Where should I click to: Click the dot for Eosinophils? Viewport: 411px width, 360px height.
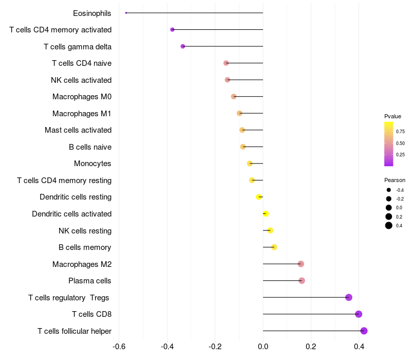pyautogui.click(x=126, y=13)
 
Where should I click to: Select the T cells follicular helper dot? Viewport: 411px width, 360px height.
pyautogui.click(x=364, y=331)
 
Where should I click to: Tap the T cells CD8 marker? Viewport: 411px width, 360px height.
pyautogui.click(x=359, y=314)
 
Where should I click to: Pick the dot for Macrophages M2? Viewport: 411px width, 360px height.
pyautogui.click(x=301, y=264)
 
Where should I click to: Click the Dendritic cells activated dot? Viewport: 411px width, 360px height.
pyautogui.click(x=266, y=213)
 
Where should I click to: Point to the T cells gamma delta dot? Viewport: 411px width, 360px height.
pyautogui.click(x=183, y=46)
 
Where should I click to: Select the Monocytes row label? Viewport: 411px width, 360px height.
pyautogui.click(x=92, y=164)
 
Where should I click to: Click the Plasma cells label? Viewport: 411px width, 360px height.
pyautogui.click(x=89, y=281)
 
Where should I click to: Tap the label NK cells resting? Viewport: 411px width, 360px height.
pyautogui.click(x=85, y=231)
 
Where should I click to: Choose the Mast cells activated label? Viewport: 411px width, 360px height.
pyautogui.click(x=78, y=130)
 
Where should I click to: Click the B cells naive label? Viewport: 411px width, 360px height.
pyautogui.click(x=90, y=147)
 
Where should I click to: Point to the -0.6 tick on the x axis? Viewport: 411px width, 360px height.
pyautogui.click(x=119, y=347)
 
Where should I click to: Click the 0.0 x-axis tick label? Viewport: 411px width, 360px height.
pyautogui.click(x=263, y=347)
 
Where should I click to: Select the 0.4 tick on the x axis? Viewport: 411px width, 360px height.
pyautogui.click(x=359, y=347)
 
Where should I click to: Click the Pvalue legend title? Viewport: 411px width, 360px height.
pyautogui.click(x=393, y=116)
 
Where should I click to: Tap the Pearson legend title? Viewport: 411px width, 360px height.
pyautogui.click(x=395, y=180)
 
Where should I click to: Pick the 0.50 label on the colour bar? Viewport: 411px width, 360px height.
pyautogui.click(x=400, y=143)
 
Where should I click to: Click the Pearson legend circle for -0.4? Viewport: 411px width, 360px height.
pyautogui.click(x=389, y=190)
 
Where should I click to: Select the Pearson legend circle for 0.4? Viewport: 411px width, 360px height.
pyautogui.click(x=389, y=225)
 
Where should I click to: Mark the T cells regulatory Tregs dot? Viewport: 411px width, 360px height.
pyautogui.click(x=349, y=297)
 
